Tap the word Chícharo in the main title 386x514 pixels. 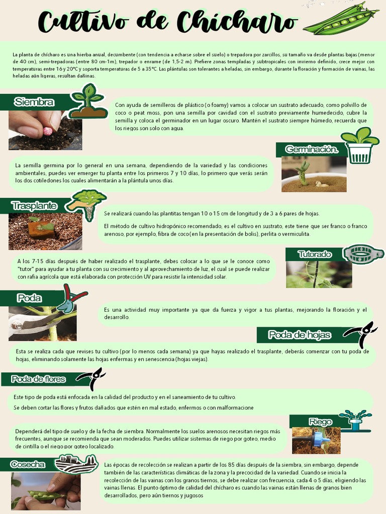[236, 22]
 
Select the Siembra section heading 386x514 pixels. [34, 102]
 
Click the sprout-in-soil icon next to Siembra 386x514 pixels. [88, 102]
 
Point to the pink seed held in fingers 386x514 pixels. [48, 131]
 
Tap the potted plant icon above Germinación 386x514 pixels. [360, 145]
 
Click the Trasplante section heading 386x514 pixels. [34, 206]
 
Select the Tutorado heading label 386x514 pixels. [315, 254]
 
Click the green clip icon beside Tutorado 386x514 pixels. [363, 254]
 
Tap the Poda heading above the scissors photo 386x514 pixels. [29, 298]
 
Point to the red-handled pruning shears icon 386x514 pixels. [70, 298]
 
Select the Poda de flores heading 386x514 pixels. [39, 379]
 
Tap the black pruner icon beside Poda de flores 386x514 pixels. [91, 378]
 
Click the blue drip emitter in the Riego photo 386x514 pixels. [320, 440]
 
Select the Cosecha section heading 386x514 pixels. [28, 464]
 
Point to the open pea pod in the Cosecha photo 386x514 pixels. [45, 496]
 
